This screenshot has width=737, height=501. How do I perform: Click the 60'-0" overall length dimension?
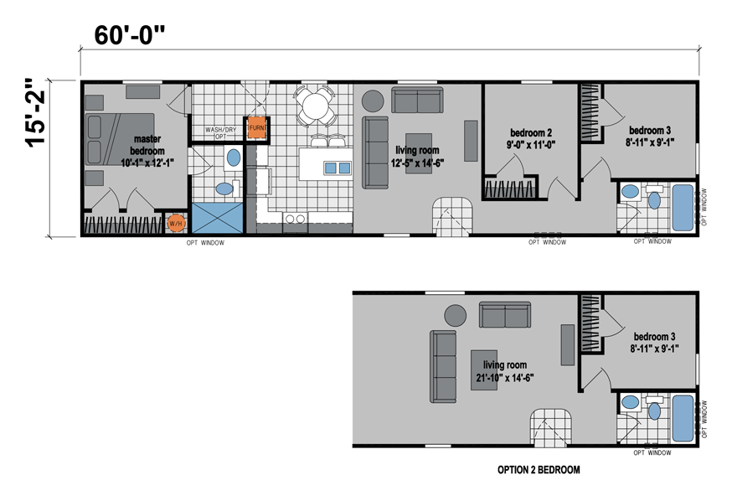130,35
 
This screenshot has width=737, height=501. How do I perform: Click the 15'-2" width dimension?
36,113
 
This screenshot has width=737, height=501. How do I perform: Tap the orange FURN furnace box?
257,128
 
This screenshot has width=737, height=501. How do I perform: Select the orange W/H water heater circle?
175,224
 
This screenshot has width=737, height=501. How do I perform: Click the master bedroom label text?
147,151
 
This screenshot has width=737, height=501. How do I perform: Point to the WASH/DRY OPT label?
220,132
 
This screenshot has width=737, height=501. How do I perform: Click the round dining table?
316,106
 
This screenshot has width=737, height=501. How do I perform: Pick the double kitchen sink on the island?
338,168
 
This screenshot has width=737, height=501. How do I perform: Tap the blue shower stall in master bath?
218,218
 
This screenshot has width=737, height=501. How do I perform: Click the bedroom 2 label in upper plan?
531,138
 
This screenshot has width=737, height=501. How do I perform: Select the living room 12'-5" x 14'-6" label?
417,157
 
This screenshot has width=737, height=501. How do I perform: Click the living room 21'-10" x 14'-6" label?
505,371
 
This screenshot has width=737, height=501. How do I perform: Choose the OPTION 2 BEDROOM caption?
539,469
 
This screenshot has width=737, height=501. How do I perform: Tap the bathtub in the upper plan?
683,208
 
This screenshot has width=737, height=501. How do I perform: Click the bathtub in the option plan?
683,418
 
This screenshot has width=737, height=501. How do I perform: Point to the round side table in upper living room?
373,101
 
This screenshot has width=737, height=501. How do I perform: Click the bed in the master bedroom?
120,139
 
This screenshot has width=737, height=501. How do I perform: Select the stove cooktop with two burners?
295,219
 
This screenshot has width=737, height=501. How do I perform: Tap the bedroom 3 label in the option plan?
654,342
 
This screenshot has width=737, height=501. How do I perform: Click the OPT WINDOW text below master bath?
205,243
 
